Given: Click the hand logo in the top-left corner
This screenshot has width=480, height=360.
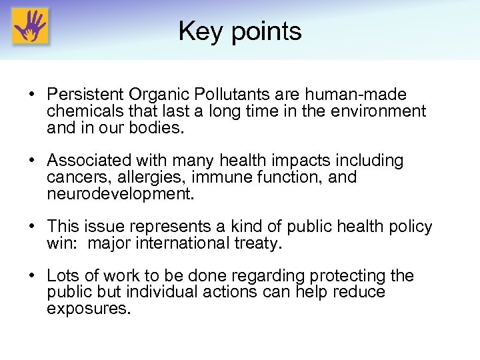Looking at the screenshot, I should [x=30, y=26].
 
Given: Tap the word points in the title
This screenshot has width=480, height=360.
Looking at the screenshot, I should [x=266, y=32].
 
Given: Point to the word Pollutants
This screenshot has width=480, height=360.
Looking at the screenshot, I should [x=253, y=95].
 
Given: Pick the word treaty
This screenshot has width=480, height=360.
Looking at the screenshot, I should [x=259, y=243].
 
